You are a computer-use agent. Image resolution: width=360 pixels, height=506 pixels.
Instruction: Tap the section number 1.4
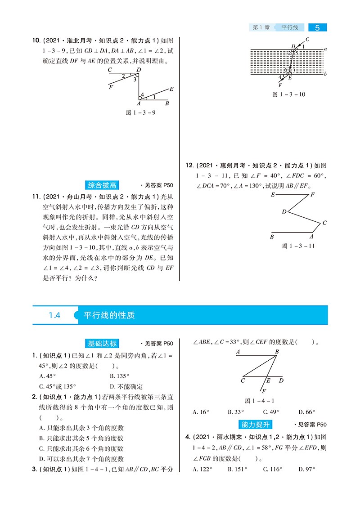[54, 315]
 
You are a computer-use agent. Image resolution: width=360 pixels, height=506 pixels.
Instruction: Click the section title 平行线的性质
[109, 315]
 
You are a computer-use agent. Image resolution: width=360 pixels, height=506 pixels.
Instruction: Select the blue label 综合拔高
[102, 185]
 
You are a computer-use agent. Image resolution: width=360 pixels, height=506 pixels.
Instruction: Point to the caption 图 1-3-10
[289, 94]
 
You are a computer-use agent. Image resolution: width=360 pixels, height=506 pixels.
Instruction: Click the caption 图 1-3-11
[298, 246]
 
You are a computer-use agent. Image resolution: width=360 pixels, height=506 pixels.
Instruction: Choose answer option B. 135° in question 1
[119, 376]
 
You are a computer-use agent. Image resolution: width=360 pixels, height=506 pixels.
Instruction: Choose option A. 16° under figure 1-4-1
[201, 412]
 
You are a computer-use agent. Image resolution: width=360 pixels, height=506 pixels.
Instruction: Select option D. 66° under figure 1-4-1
[306, 412]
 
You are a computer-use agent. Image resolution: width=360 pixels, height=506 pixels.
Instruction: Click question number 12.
[189, 166]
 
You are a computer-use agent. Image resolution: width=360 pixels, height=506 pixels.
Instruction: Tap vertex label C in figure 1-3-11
[324, 223]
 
